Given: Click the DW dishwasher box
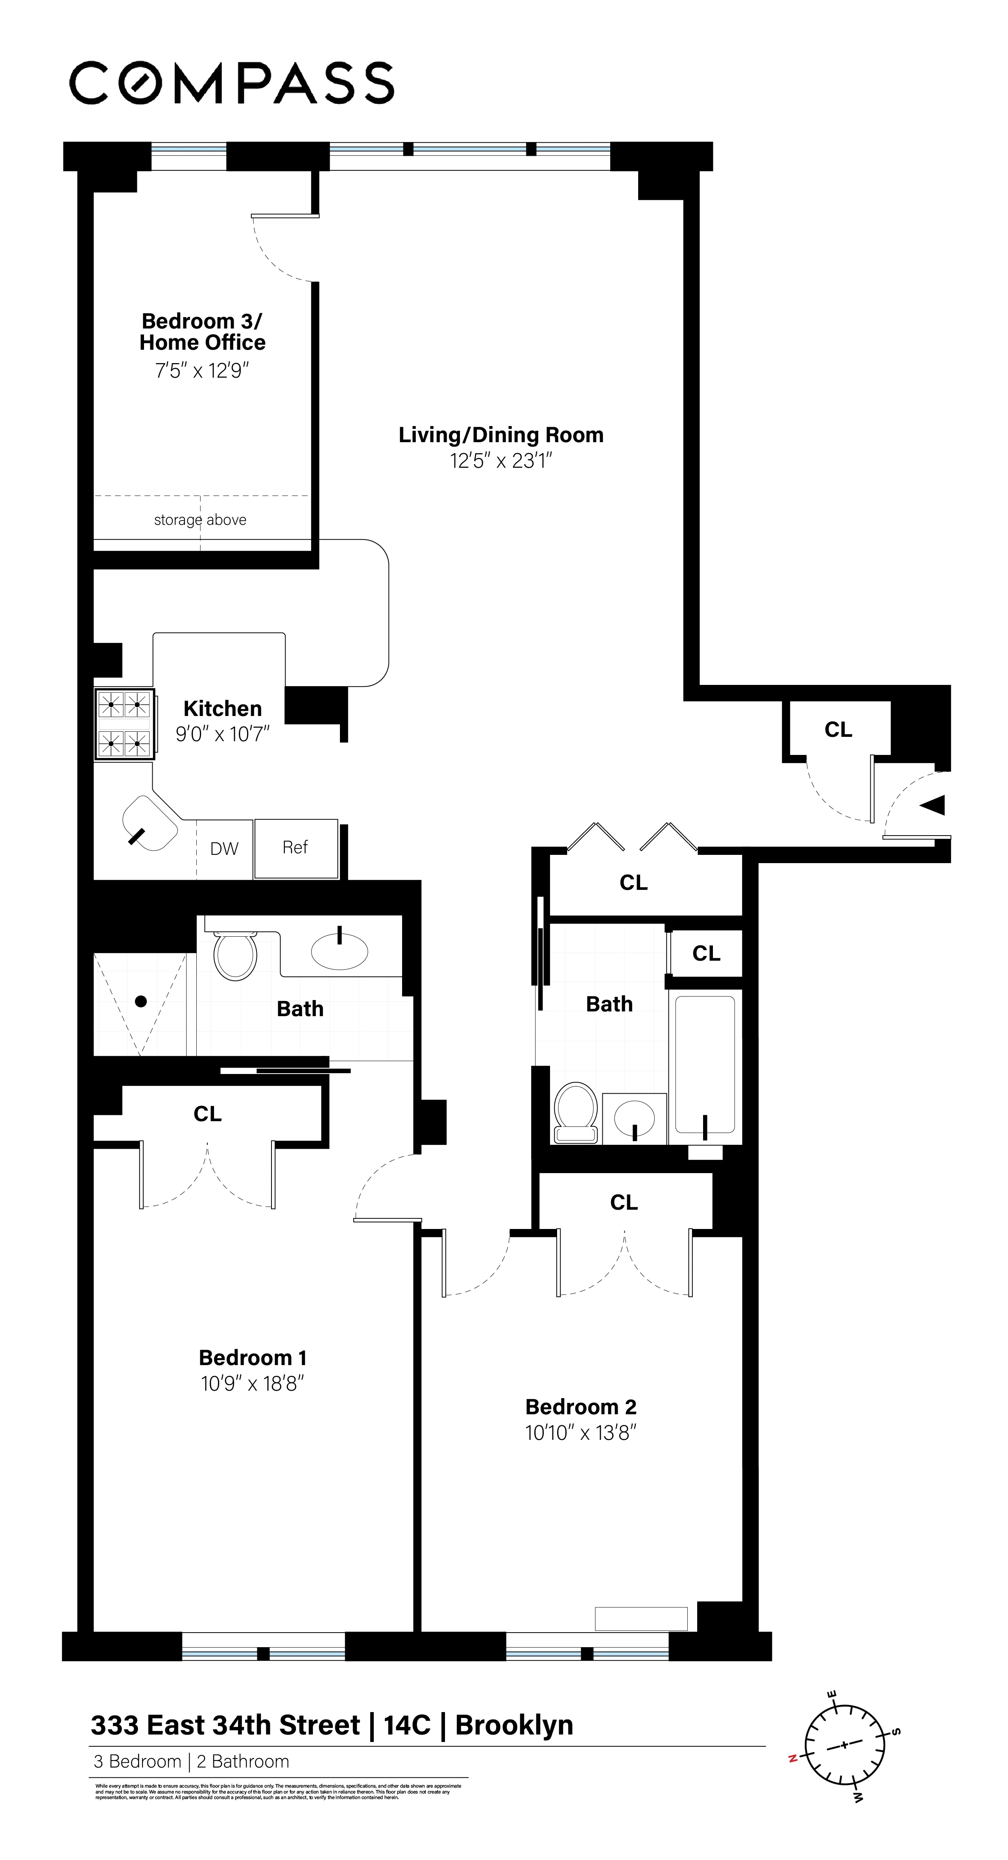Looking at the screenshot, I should click(x=225, y=849).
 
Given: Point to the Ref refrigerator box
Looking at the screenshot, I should click(x=296, y=848).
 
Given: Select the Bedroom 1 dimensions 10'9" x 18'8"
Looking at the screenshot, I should click(x=252, y=1384).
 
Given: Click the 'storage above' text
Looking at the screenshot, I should click(x=200, y=520).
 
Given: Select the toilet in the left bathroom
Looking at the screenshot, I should click(x=235, y=954).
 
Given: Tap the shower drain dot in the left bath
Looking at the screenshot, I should click(x=141, y=1001).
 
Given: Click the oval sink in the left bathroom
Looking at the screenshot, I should click(x=340, y=950).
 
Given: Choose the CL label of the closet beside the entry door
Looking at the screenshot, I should click(x=838, y=730).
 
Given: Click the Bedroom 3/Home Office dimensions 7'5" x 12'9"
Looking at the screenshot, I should click(x=202, y=371).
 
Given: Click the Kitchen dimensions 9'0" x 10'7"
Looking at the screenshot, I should click(x=222, y=734).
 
